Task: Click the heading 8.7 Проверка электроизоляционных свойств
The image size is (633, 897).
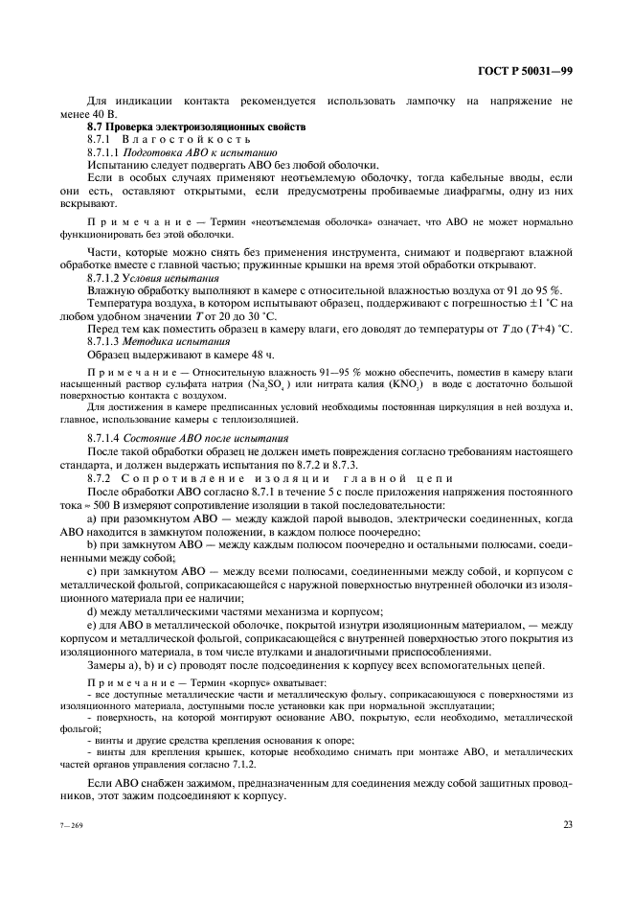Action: coord(196,126)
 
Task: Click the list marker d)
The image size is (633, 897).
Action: coord(91,610)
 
